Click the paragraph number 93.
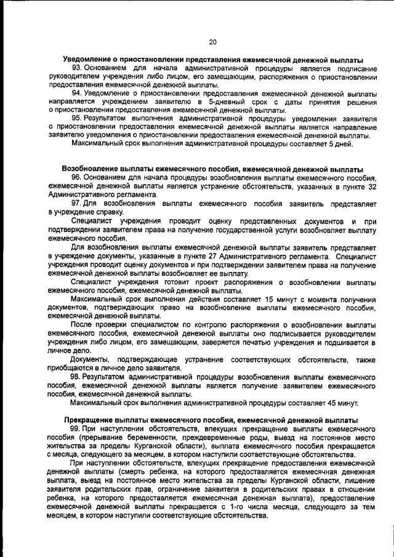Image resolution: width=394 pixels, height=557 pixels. click(x=77, y=68)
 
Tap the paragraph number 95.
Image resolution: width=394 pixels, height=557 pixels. click(x=77, y=118)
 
